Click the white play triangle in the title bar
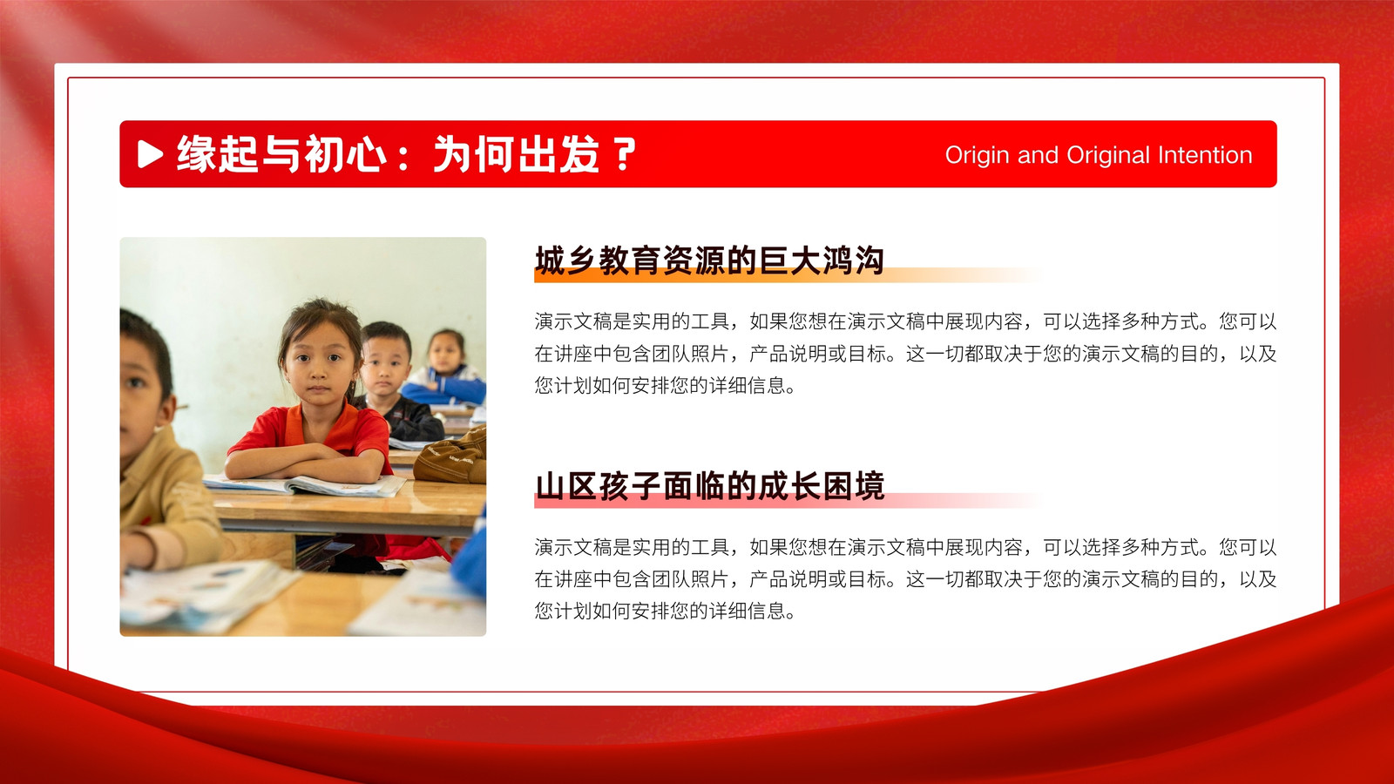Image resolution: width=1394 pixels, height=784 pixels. (x=149, y=153)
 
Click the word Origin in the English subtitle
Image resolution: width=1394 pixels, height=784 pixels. (x=977, y=156)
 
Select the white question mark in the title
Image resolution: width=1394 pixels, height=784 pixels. (x=624, y=154)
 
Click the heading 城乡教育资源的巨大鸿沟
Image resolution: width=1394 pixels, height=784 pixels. (x=709, y=260)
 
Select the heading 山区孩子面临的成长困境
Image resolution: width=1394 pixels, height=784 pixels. (x=709, y=486)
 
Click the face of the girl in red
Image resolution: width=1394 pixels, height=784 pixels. (x=319, y=363)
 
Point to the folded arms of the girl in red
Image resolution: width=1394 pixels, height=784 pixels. (x=306, y=463)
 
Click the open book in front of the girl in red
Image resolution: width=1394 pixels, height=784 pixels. (x=304, y=485)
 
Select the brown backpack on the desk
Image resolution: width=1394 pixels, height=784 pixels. (x=452, y=457)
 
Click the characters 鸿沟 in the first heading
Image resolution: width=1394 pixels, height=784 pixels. (x=853, y=260)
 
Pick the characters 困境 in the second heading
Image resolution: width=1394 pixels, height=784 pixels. (x=853, y=486)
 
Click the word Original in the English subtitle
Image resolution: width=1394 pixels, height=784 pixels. (x=1107, y=156)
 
